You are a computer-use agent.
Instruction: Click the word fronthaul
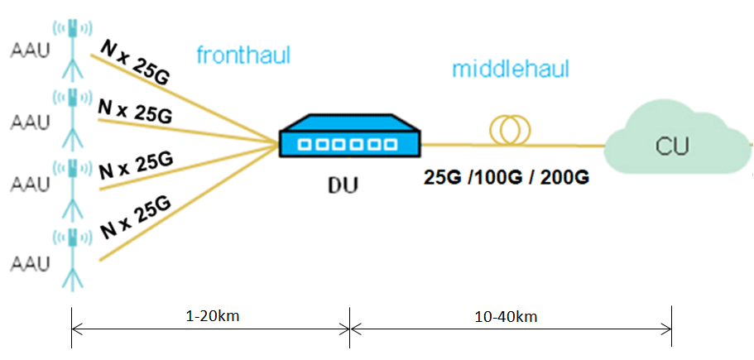243,55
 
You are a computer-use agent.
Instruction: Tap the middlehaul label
511,69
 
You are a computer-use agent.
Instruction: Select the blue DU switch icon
348,137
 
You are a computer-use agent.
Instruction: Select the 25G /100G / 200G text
507,178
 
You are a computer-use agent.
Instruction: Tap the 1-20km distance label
210,316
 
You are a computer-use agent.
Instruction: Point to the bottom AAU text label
30,262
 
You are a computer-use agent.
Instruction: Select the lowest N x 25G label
134,216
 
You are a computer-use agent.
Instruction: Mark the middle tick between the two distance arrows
350,328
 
